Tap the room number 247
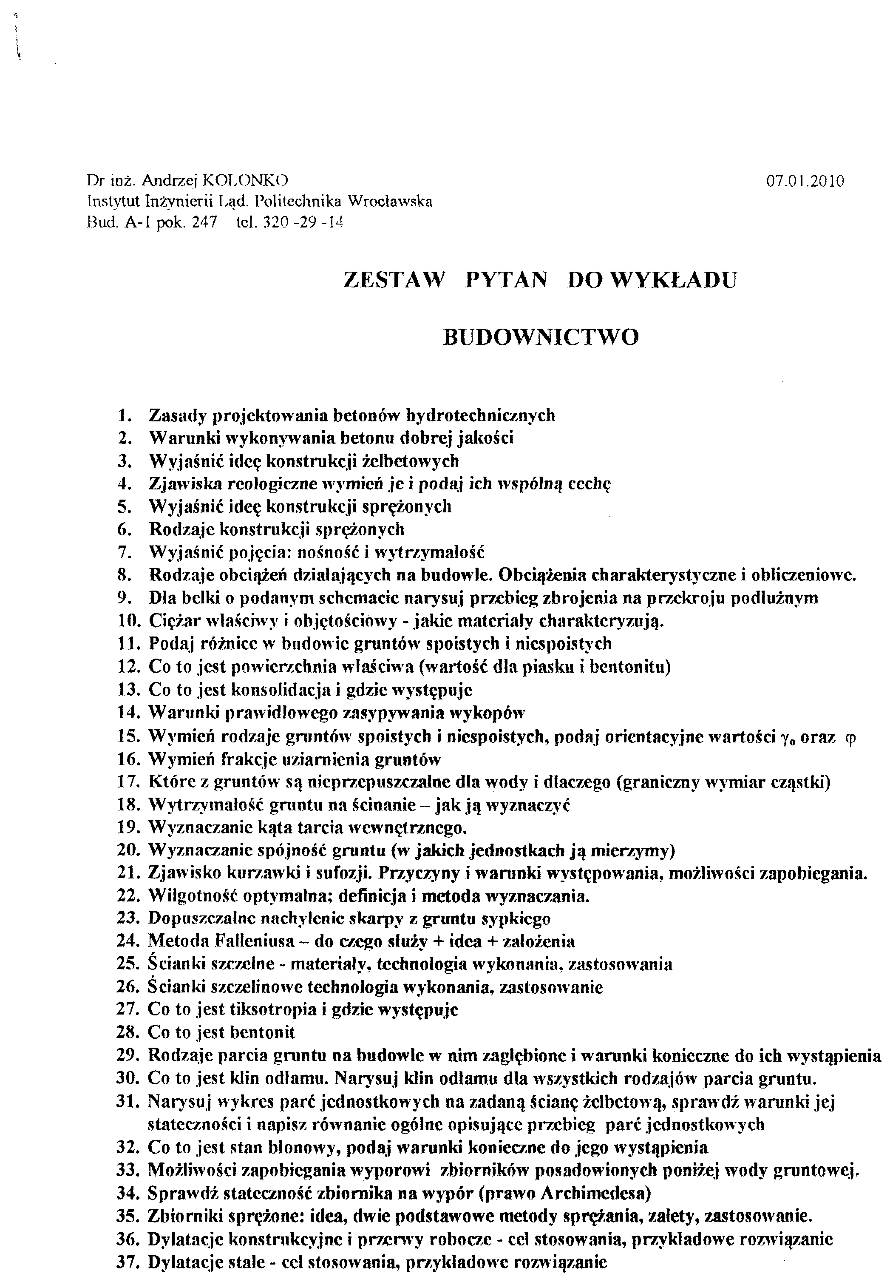click(204, 223)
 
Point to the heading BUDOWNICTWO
click(540, 337)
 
